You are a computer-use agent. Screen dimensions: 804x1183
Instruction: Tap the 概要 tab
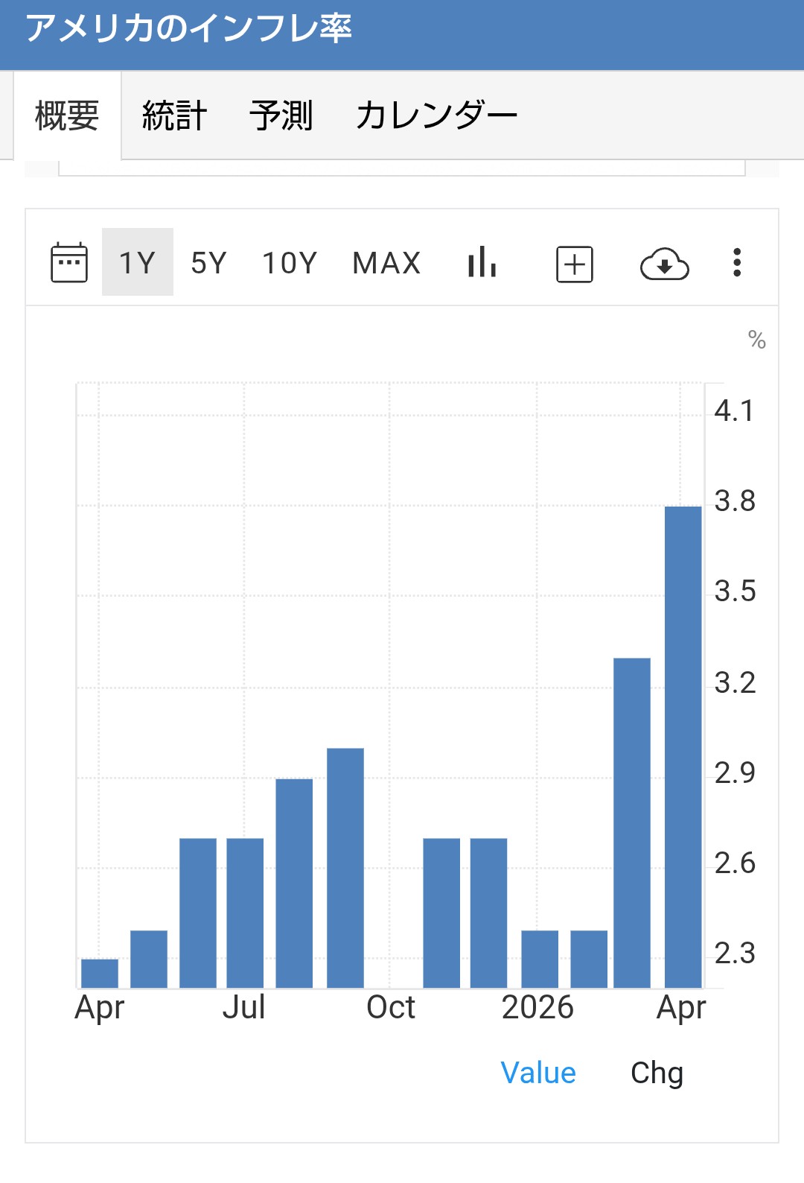click(x=67, y=115)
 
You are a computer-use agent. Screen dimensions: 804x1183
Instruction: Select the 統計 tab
click(x=174, y=115)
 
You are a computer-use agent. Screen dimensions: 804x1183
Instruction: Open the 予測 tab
click(x=281, y=115)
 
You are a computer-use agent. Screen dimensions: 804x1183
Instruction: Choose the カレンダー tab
click(x=436, y=115)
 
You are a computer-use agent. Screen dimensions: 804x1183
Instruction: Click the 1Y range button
click(x=137, y=262)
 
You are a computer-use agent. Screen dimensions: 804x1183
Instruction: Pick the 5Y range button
click(x=208, y=262)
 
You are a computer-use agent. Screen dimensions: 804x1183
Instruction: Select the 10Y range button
click(x=290, y=262)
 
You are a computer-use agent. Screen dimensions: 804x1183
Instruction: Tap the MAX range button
click(x=386, y=262)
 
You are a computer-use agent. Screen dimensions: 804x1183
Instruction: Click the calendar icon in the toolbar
click(x=69, y=262)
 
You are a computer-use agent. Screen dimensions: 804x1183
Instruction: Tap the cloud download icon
click(x=664, y=264)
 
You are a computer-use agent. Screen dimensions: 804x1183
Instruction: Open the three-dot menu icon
click(x=737, y=262)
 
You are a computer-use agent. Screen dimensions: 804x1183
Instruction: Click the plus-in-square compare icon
click(x=575, y=264)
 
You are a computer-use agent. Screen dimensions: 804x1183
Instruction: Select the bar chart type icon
click(x=482, y=261)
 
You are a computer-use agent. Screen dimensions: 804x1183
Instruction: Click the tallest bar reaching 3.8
click(x=683, y=746)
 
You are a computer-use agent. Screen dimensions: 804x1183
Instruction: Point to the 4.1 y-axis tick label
click(x=734, y=410)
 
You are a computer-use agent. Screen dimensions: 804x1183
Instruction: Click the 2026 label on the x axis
click(x=537, y=1007)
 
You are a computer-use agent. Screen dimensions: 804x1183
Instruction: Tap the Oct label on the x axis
click(x=391, y=1007)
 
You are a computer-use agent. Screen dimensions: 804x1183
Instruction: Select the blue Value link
click(x=538, y=1073)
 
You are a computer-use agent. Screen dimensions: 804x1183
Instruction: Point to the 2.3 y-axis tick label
click(x=735, y=954)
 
